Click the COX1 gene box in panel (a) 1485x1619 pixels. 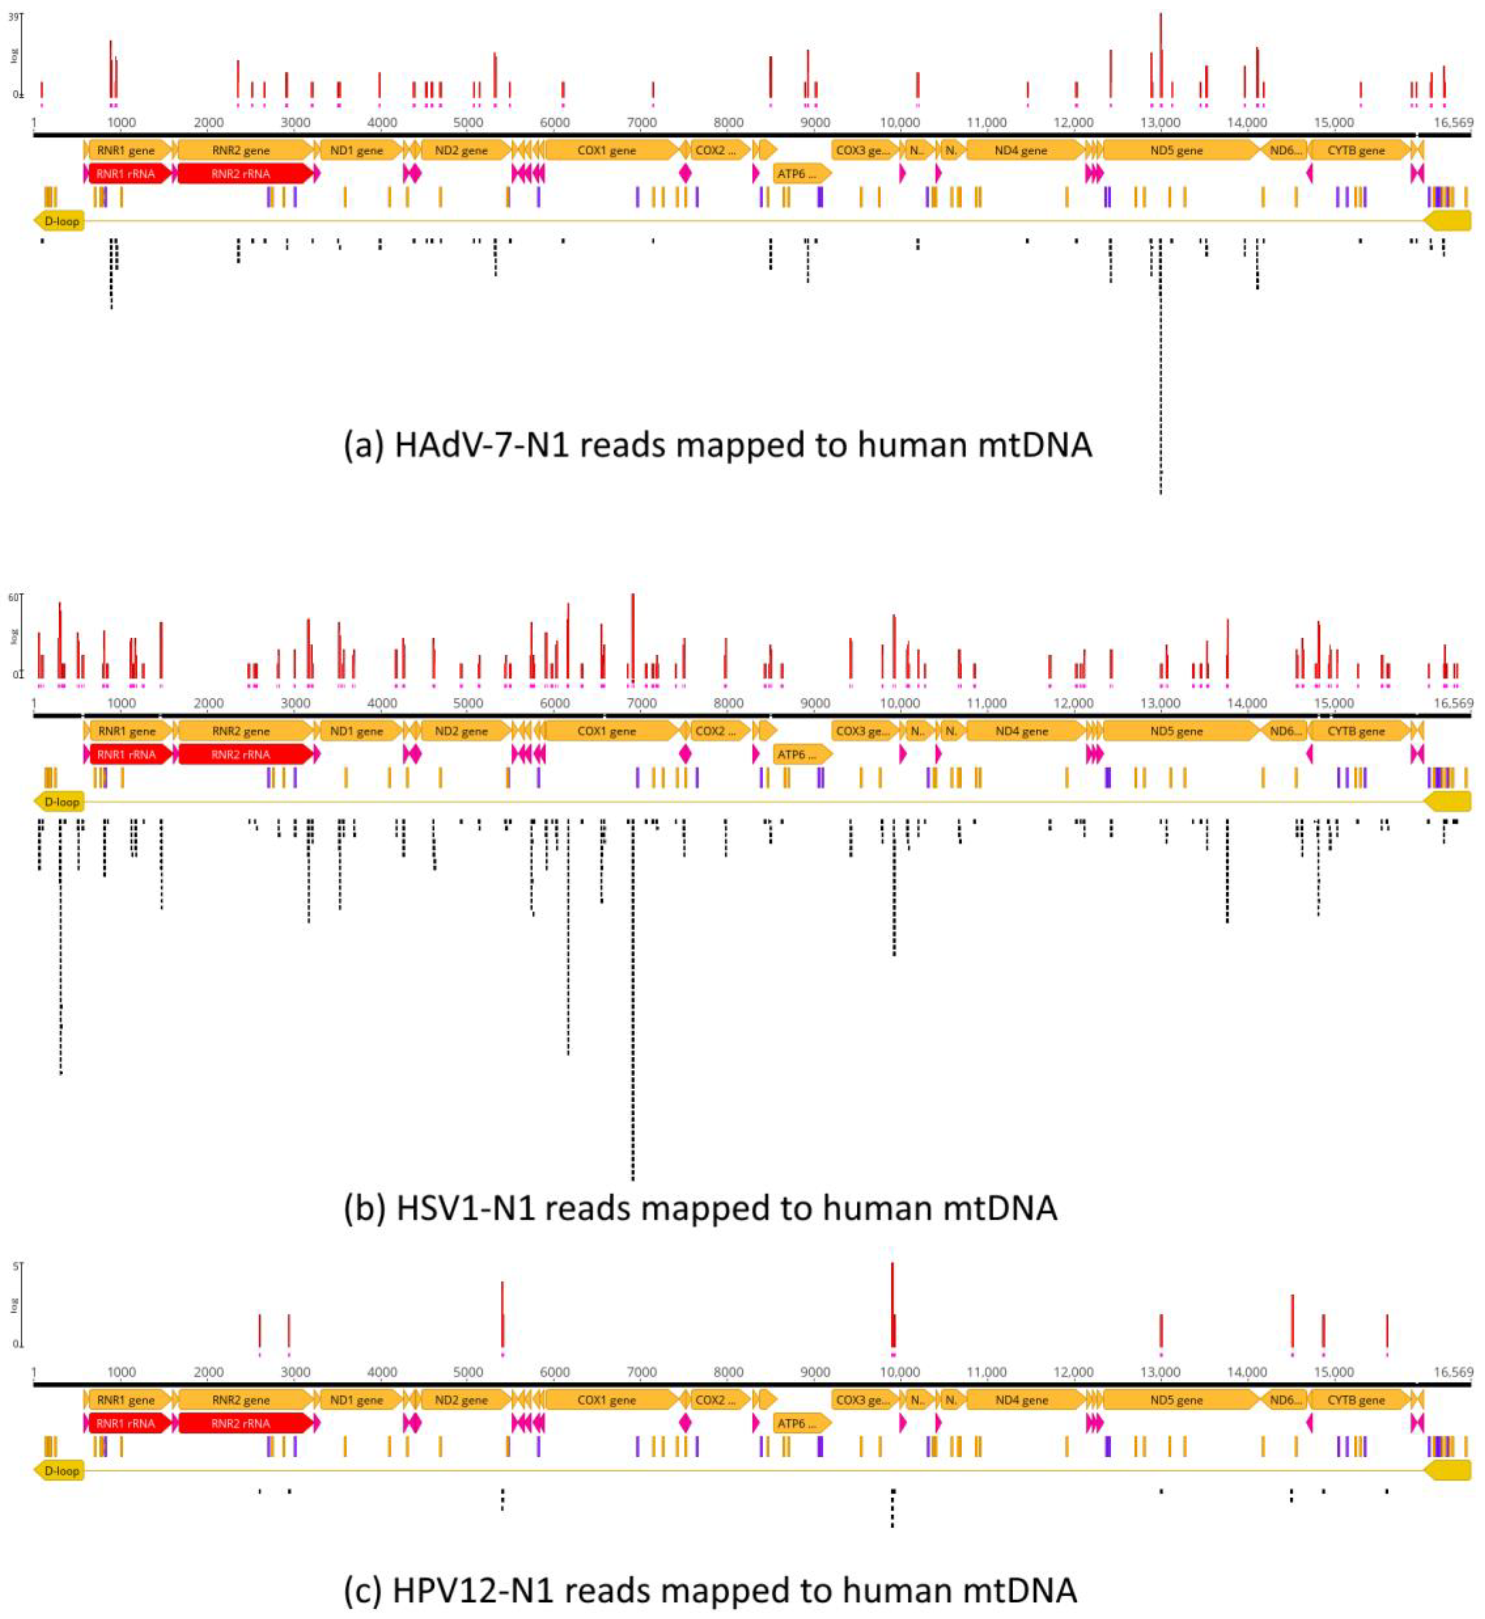tap(607, 151)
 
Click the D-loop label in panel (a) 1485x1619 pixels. tap(62, 221)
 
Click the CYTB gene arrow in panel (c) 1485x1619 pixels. tap(1356, 1400)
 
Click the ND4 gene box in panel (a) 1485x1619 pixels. tap(1022, 151)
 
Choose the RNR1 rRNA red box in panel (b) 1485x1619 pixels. tap(126, 754)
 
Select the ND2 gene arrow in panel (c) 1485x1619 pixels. tap(461, 1400)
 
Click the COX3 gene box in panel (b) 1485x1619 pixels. tap(862, 731)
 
